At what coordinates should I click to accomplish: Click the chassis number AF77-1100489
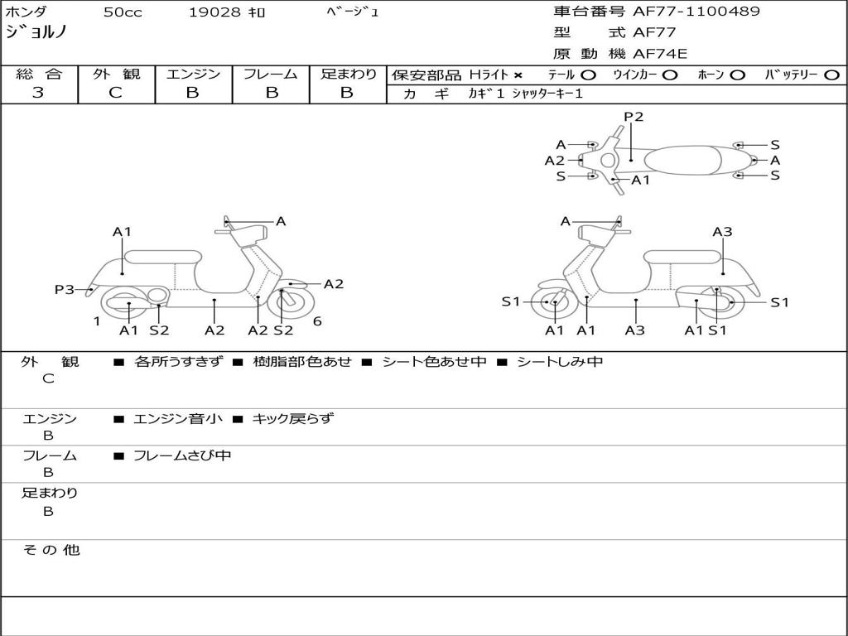696,12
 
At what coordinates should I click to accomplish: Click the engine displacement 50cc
122,12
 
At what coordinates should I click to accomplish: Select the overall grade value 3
38,93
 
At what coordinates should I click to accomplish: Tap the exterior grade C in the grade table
115,93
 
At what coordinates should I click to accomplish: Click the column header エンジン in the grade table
193,74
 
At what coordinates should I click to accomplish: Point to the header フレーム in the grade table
270,74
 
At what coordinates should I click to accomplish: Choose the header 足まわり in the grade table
349,74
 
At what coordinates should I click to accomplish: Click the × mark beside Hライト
518,75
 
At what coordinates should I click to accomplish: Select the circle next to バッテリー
831,75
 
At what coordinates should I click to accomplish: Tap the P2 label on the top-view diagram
634,117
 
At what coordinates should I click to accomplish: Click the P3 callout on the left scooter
65,289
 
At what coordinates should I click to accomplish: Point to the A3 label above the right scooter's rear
722,232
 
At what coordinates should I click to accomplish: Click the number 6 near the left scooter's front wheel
317,321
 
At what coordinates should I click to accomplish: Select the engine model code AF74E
660,54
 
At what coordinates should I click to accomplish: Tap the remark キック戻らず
292,418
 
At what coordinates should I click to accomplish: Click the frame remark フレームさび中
182,455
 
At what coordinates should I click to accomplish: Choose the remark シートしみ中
560,361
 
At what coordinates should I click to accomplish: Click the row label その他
51,550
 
